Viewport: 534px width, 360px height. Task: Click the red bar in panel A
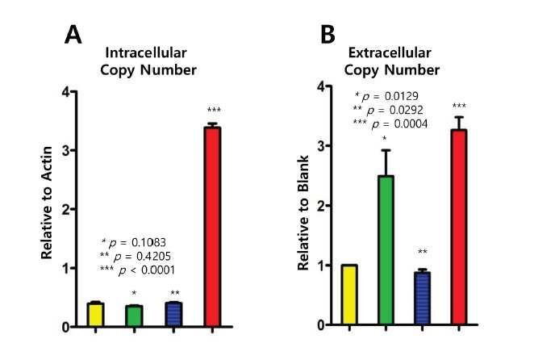(212, 227)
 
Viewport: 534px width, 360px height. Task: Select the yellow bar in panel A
(95, 315)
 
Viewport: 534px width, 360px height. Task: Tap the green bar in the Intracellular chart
(134, 316)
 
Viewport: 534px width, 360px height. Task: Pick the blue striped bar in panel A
(173, 315)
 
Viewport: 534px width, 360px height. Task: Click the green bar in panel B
(386, 250)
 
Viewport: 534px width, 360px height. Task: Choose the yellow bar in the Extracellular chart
(349, 295)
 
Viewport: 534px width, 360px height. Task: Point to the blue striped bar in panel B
(423, 298)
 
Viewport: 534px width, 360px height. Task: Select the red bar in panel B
(459, 227)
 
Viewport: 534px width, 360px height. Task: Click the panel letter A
(73, 35)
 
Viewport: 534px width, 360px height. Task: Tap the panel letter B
(327, 35)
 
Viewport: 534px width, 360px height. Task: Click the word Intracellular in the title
(146, 52)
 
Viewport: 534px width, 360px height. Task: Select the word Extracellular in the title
(390, 52)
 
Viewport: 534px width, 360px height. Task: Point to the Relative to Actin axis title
(47, 203)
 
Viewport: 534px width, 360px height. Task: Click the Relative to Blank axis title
(302, 213)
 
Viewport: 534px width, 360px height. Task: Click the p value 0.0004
(411, 124)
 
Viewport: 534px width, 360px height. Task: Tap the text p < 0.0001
(147, 270)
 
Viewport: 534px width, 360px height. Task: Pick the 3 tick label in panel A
(66, 150)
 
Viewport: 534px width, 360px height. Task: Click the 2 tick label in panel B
(320, 206)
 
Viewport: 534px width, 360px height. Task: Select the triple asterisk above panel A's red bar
(214, 110)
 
